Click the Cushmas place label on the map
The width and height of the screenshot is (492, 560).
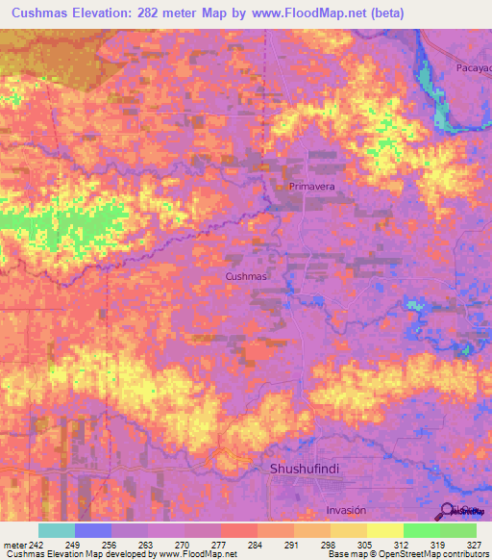click(244, 276)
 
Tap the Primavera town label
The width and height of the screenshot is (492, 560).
click(310, 187)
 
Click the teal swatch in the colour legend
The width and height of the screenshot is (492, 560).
click(57, 530)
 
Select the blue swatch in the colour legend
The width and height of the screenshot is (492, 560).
click(93, 530)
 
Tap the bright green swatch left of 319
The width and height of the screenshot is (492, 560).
click(422, 530)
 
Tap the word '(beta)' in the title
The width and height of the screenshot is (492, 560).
click(376, 13)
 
